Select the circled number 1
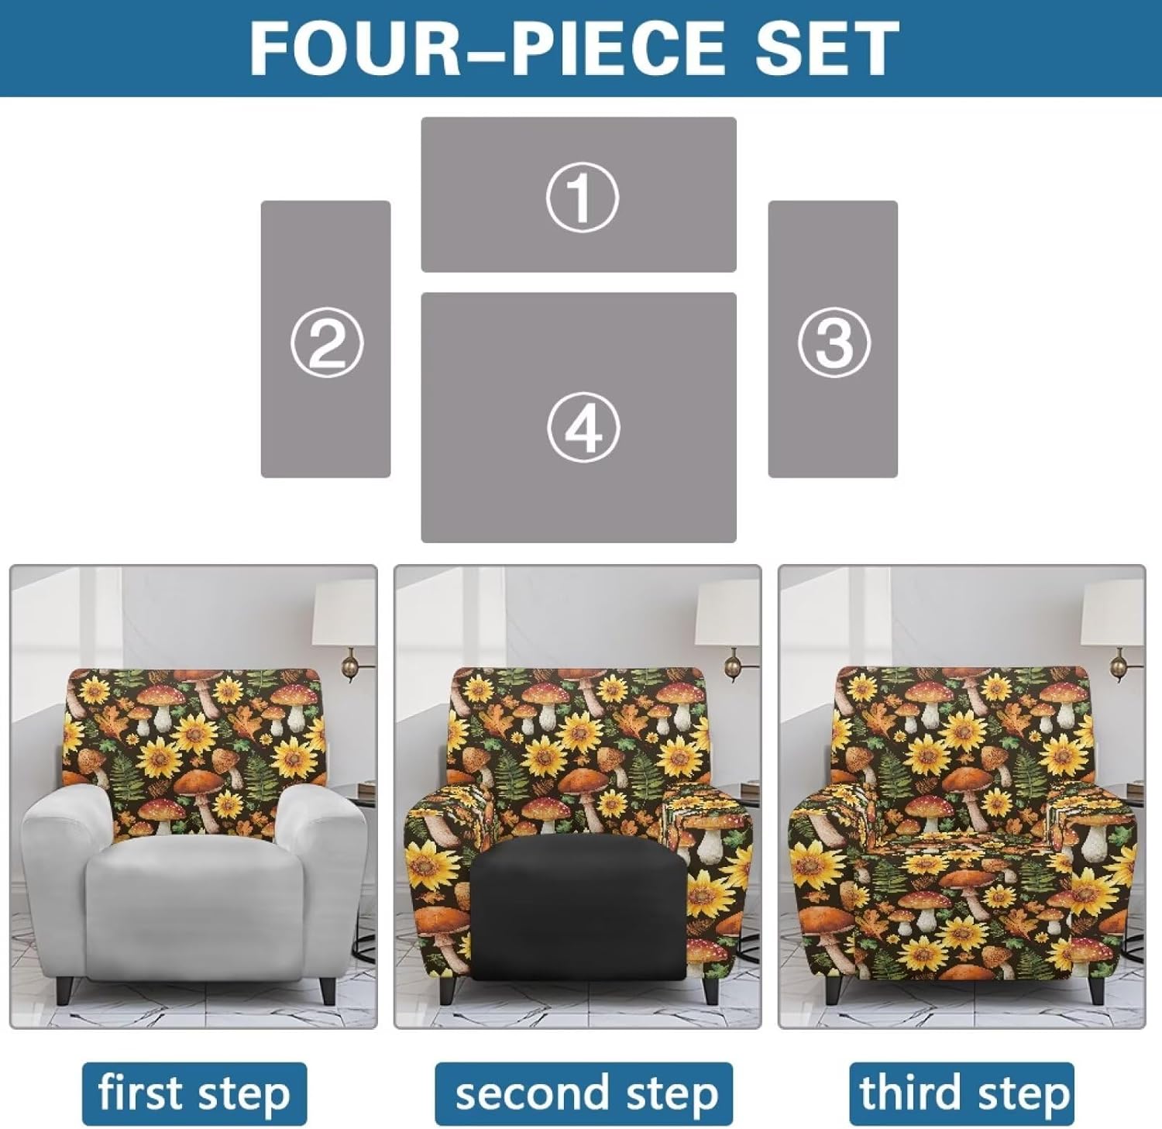pyautogui.click(x=582, y=197)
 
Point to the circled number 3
pyautogui.click(x=834, y=342)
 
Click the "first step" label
pyautogui.click(x=194, y=1093)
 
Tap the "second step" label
pyautogui.click(x=585, y=1093)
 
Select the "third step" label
pyautogui.click(x=962, y=1093)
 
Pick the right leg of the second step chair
pyautogui.click(x=711, y=989)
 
